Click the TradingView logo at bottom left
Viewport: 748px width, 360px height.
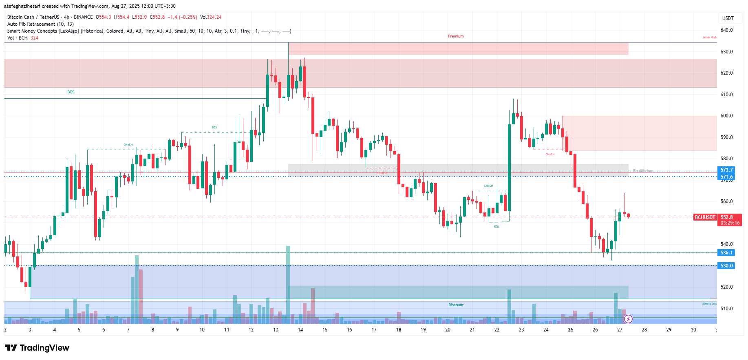(x=37, y=348)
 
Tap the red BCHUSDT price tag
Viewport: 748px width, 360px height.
(x=705, y=217)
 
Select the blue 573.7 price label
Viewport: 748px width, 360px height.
(x=726, y=170)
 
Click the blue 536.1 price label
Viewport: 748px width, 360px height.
(x=726, y=253)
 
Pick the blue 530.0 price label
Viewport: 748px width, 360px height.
(x=726, y=266)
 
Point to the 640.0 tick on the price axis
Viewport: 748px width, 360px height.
(x=726, y=30)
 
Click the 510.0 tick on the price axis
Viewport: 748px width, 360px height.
(x=726, y=309)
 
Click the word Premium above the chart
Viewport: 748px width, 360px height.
(x=456, y=36)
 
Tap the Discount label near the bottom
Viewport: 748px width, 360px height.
(x=456, y=305)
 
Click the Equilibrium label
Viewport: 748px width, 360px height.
(x=643, y=171)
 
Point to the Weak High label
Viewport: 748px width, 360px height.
(x=709, y=38)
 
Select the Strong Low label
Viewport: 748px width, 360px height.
(x=709, y=304)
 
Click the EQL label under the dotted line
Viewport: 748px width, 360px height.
(x=496, y=227)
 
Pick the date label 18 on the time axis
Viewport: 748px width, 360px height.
(x=399, y=330)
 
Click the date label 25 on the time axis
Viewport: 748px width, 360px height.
(x=571, y=330)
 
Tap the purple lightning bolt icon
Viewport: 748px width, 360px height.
(x=628, y=319)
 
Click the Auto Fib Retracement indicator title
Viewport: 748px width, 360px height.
(x=40, y=24)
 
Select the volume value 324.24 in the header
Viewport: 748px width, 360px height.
(x=214, y=17)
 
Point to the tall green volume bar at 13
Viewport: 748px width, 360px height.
(x=288, y=281)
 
